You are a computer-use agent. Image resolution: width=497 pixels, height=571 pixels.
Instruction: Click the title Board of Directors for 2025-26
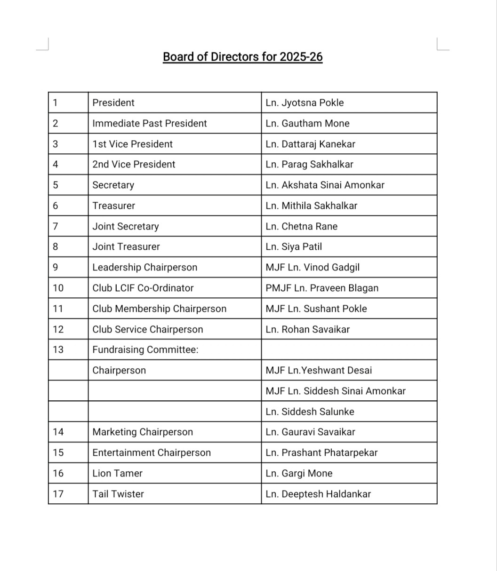coord(242,57)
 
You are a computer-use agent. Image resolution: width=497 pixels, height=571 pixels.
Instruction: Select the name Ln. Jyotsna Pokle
coord(305,103)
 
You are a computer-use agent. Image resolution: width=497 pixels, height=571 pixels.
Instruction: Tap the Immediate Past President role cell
coord(150,123)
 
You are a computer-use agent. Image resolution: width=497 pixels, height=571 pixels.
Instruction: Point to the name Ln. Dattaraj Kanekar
coord(310,144)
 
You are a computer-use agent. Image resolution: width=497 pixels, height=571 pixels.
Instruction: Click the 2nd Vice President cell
coord(134,164)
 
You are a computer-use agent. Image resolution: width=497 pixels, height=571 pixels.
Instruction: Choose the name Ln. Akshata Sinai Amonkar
coord(325,185)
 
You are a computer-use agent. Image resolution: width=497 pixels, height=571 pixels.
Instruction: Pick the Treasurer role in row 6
coord(113,206)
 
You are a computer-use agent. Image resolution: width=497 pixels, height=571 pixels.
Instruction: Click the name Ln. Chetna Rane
coord(301,226)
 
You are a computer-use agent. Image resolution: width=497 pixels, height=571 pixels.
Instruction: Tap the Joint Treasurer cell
coord(126,246)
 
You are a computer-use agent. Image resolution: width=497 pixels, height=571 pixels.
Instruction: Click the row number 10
coord(58,288)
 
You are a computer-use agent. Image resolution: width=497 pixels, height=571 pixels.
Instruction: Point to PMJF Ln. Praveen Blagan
coord(322,288)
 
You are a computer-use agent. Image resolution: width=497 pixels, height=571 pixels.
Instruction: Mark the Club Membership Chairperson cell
coord(159,309)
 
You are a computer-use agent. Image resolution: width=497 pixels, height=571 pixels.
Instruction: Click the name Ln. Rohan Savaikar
coord(307,329)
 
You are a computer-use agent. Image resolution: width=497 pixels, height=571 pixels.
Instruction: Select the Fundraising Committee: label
coord(145,349)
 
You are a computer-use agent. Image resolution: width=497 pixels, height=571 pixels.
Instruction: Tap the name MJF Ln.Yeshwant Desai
coord(319,370)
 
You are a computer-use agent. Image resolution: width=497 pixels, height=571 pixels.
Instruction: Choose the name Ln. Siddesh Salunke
coord(310,412)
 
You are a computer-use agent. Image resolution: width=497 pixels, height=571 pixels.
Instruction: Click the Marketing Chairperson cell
coord(143,432)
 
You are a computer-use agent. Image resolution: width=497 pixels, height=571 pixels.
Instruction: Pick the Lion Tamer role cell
coord(117,473)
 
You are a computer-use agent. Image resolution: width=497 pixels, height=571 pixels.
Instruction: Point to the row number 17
coord(58,494)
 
